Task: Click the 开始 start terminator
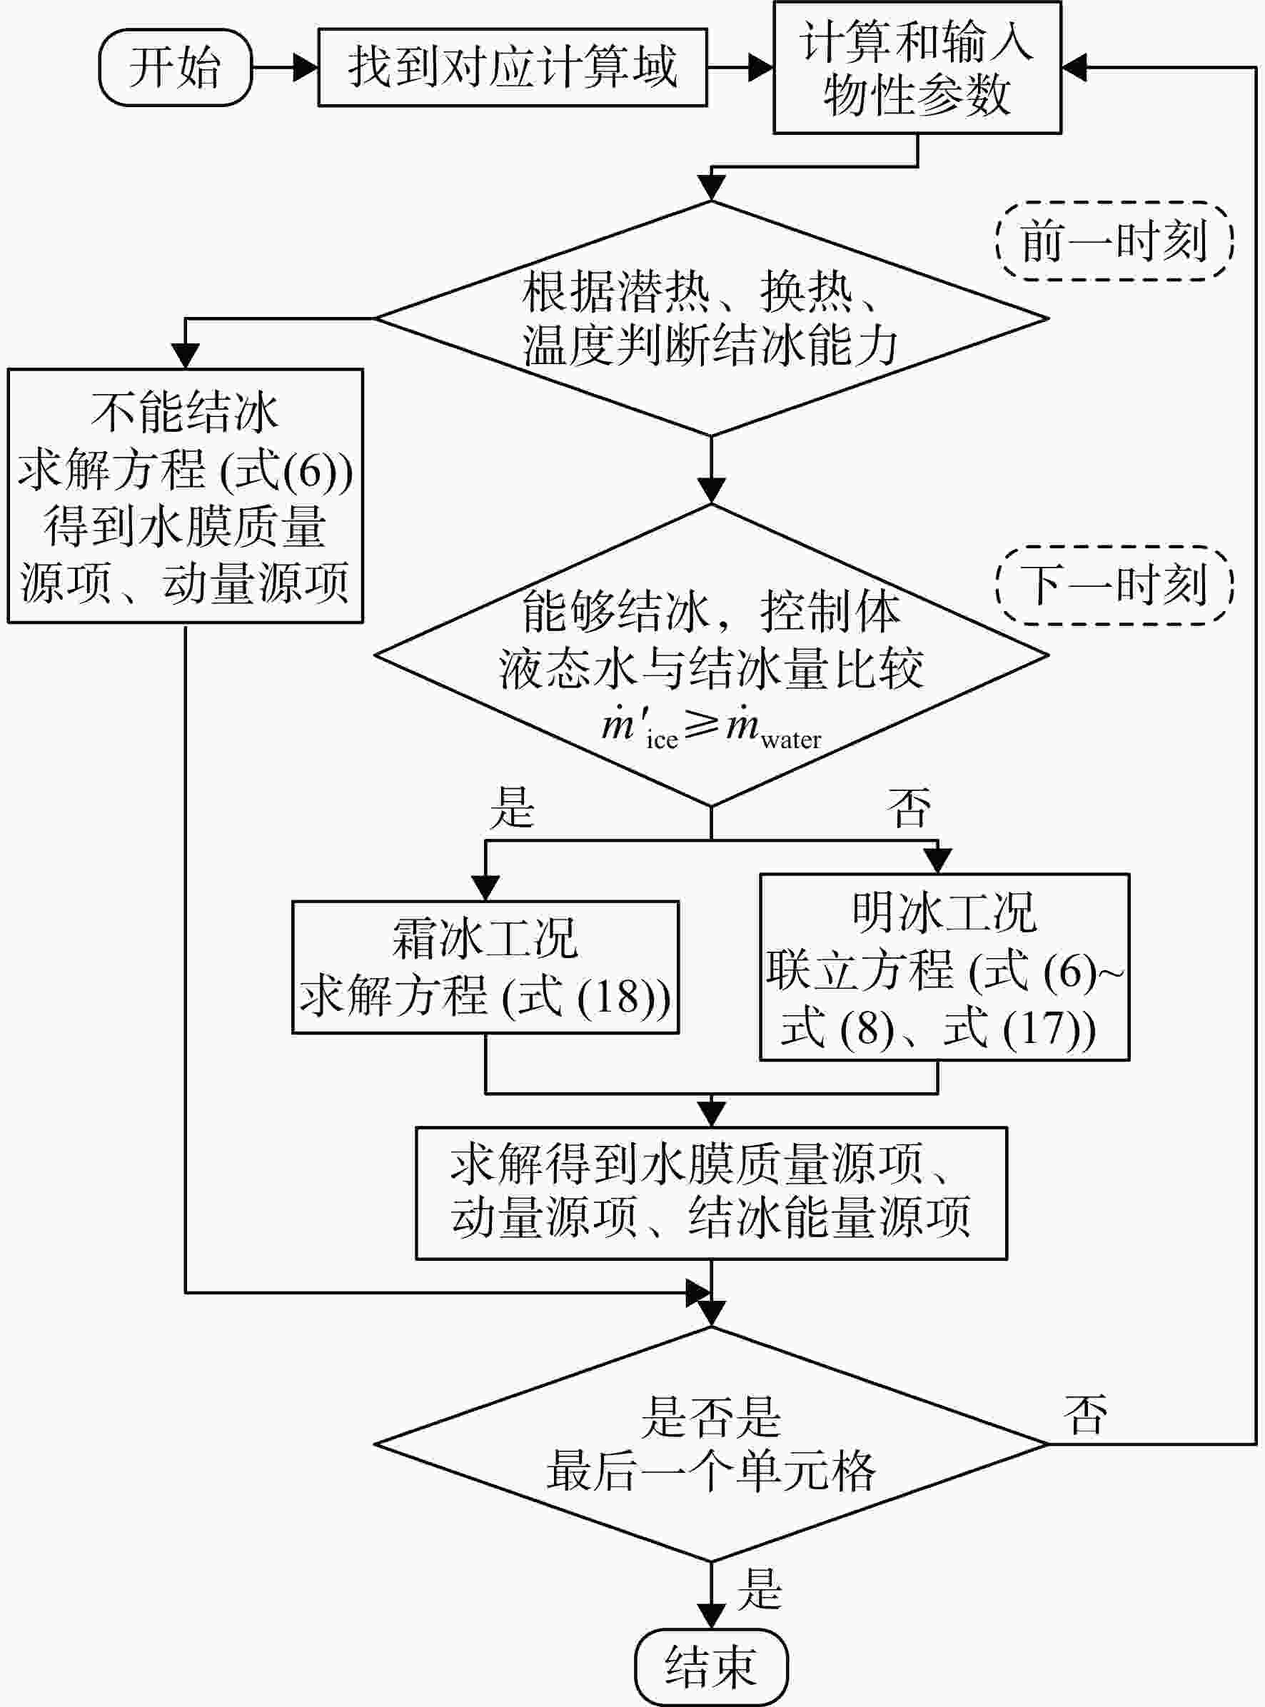tap(176, 67)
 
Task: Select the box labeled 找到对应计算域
tap(513, 67)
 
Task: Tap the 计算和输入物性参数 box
tap(917, 67)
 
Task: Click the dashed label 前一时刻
tap(1114, 241)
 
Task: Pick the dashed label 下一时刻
tap(1114, 585)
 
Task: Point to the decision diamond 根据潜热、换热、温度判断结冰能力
tap(711, 318)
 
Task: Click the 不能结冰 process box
tap(186, 496)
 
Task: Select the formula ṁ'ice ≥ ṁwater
tap(711, 727)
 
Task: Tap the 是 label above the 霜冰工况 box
tap(513, 807)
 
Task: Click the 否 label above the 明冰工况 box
tap(909, 807)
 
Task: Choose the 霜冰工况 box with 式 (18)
tap(485, 967)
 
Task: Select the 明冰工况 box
tap(945, 967)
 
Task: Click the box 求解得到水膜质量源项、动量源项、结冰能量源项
tap(711, 1193)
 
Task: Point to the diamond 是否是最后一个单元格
tap(711, 1444)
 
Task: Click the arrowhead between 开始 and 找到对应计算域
tap(306, 67)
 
